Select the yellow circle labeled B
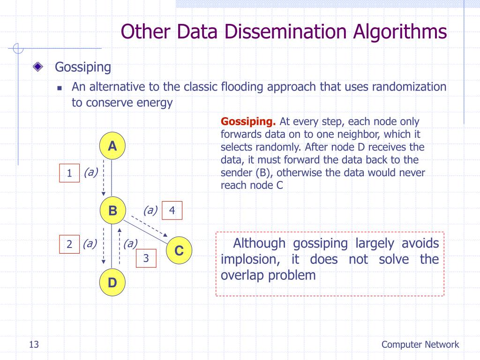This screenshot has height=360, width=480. (112, 210)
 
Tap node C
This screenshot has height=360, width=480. (179, 251)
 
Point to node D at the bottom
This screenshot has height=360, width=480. (112, 283)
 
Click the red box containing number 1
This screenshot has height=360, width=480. (69, 173)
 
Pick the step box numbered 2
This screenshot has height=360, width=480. (69, 244)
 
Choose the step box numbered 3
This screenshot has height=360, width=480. (146, 258)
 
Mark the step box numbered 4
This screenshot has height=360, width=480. (172, 210)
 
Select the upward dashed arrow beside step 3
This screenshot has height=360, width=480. (120, 246)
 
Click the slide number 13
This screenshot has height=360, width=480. (33, 345)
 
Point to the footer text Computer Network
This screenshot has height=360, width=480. (420, 345)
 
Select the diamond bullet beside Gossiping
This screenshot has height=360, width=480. (38, 67)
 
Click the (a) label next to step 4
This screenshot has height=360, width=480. (150, 210)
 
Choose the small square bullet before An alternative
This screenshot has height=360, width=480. (60, 88)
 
